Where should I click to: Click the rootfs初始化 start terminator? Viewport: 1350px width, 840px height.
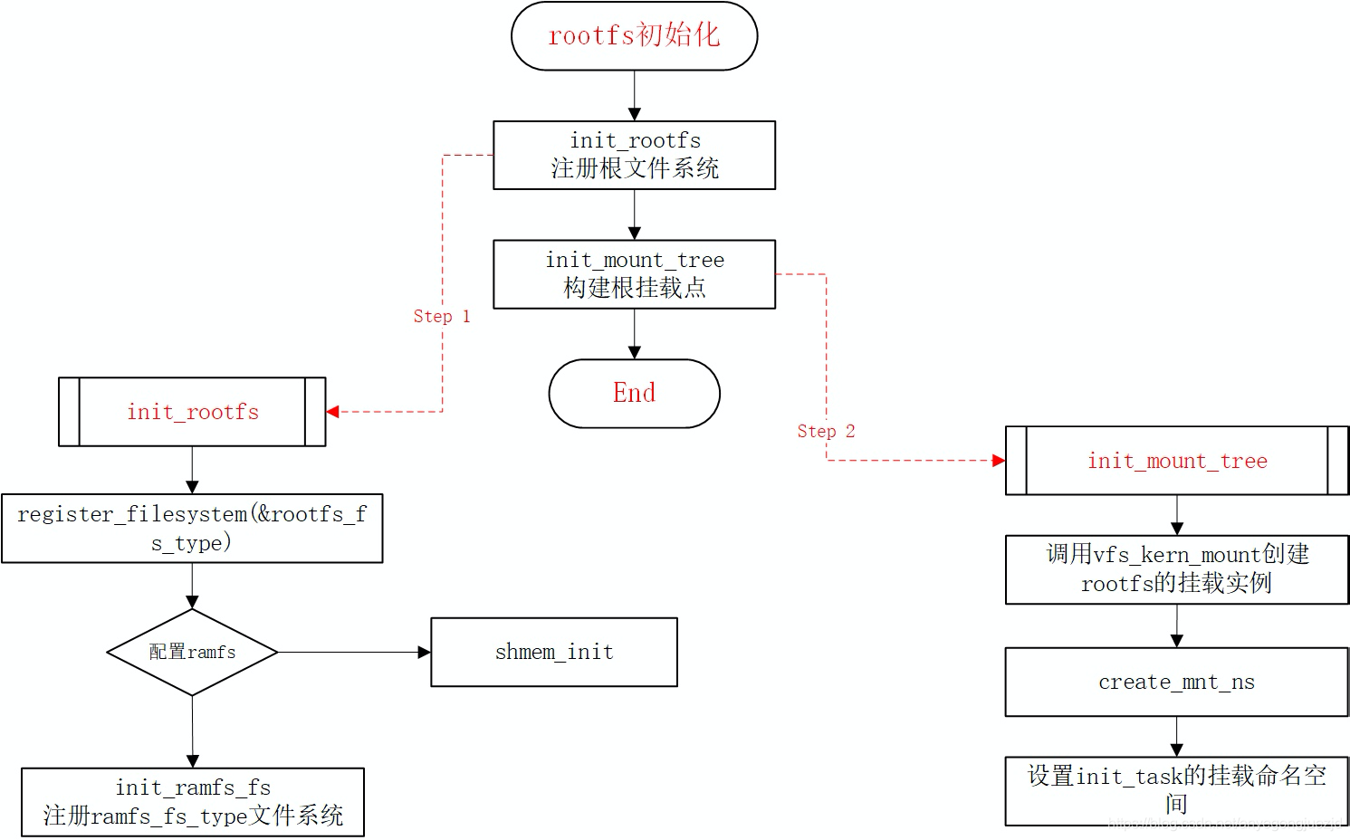634,36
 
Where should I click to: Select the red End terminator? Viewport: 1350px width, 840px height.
634,393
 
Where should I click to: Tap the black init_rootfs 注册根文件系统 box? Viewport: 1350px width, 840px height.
634,155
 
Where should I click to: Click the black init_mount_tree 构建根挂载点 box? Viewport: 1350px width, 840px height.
634,273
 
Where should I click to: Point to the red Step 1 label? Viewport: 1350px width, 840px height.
442,316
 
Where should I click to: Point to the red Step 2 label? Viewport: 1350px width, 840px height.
826,431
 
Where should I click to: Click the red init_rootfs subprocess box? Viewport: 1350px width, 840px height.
192,412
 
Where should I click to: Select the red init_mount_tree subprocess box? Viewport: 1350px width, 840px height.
1176,461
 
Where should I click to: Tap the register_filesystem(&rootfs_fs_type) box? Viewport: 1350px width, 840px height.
192,528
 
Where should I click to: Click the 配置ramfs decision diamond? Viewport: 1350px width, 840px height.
192,652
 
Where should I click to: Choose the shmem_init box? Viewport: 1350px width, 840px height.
554,652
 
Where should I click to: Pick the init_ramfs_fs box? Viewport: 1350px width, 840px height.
192,802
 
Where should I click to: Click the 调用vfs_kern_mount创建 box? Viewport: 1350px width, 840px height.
1176,569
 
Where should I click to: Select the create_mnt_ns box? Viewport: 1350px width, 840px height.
1176,682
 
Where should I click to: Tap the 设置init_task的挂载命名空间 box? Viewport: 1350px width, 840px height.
1176,790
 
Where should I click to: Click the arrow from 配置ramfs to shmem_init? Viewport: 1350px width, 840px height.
353,652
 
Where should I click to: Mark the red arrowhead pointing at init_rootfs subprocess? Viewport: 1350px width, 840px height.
332,412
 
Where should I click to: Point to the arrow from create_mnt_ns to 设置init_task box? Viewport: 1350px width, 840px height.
1176,736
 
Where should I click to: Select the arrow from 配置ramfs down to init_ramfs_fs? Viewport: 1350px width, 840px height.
192,731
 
